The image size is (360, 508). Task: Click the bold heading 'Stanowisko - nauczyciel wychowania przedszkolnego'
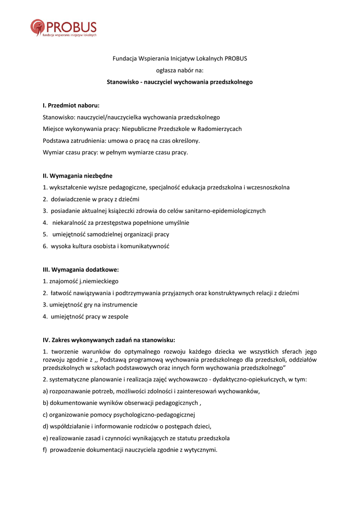[180, 82]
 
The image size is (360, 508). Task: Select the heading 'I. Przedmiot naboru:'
[71, 106]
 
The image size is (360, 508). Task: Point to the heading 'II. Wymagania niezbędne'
[77, 176]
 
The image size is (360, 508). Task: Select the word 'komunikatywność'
[146, 246]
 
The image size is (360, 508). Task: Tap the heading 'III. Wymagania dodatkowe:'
[81, 269]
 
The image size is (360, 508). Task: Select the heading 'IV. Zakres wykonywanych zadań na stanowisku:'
[109, 340]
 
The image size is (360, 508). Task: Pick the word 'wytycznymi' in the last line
[201, 450]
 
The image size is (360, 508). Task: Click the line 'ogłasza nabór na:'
[180, 70]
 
